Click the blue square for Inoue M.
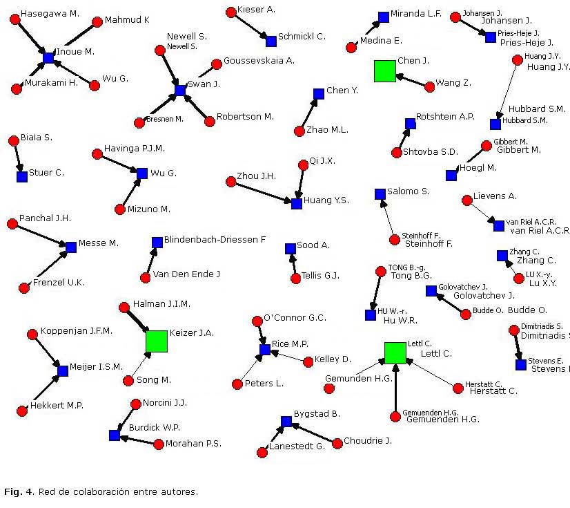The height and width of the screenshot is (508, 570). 48,58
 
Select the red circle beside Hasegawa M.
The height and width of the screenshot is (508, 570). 14,19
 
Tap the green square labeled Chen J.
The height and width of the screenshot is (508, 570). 384,71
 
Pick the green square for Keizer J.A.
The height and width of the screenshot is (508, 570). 157,341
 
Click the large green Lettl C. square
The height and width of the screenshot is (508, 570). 395,352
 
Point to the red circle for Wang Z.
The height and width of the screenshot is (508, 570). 430,86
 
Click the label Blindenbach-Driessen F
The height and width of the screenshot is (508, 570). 215,240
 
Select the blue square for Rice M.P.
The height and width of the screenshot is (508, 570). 265,350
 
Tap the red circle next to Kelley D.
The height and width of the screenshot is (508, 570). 308,361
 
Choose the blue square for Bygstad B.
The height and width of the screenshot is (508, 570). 286,421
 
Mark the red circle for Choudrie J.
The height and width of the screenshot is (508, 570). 337,444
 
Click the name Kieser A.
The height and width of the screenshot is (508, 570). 256,10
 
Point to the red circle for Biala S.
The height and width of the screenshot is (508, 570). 13,141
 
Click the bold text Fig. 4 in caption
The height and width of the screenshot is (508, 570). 18,492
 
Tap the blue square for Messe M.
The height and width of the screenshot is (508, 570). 70,247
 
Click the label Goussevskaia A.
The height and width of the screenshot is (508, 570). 259,61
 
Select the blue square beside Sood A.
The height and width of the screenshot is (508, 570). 291,249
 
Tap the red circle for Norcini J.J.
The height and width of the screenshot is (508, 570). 136,404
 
